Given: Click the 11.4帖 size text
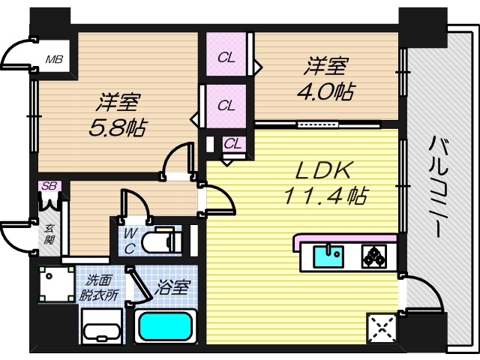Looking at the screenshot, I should click(x=324, y=197).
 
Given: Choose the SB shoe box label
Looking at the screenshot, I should click(x=49, y=186).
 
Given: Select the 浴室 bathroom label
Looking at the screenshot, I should click(x=173, y=287).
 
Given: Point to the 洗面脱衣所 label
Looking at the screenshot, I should click(x=100, y=288).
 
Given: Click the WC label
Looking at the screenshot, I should click(x=129, y=242).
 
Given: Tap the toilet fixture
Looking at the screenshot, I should click(x=161, y=241).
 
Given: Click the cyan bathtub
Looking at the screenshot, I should click(x=166, y=328).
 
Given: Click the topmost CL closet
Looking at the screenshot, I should click(x=226, y=57).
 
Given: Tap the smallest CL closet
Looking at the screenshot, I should click(x=232, y=143).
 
